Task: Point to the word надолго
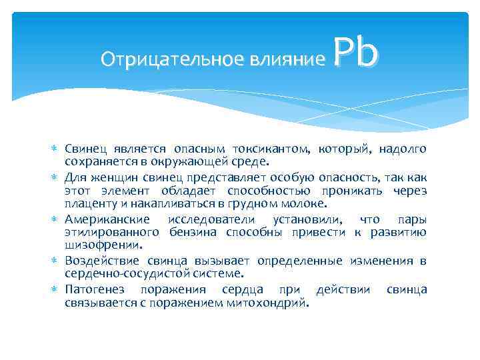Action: pos(403,148)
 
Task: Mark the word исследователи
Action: pos(213,219)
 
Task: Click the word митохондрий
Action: pos(273,303)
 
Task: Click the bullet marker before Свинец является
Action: pos(55,148)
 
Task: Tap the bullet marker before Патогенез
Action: pos(55,289)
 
